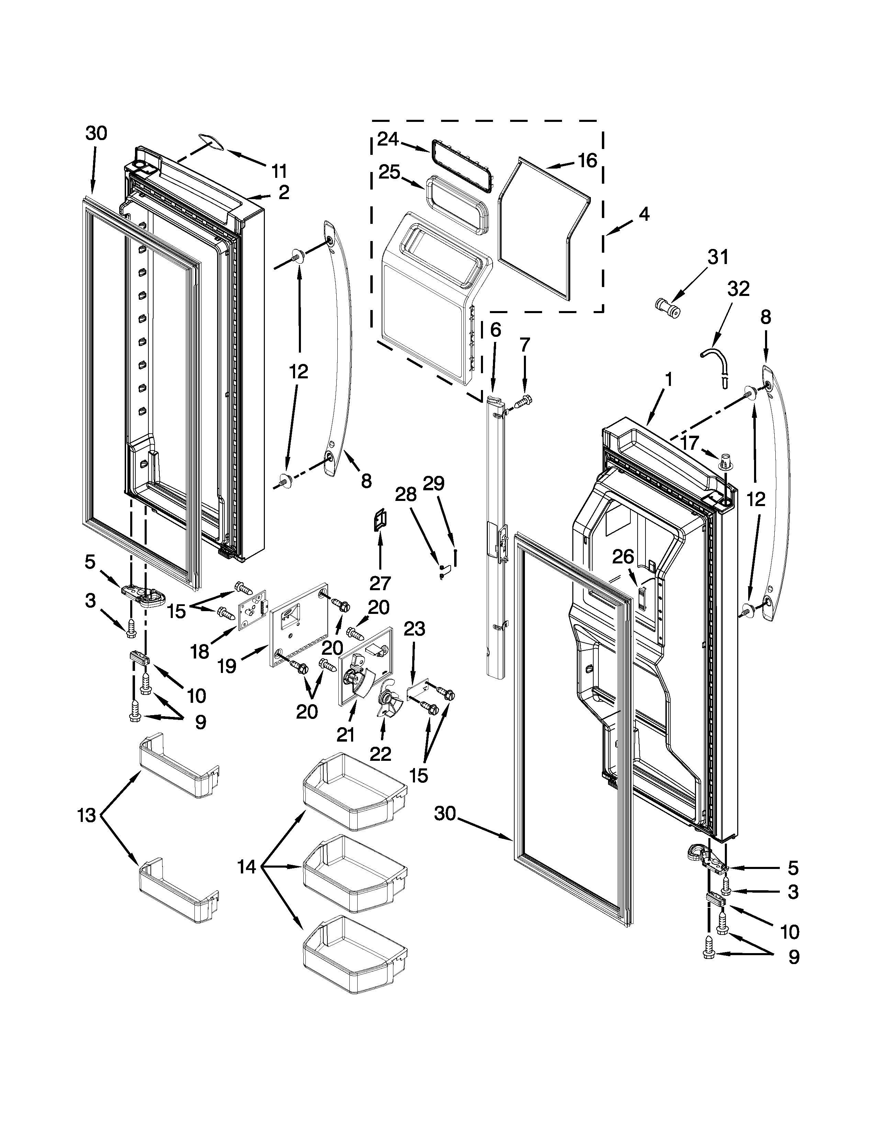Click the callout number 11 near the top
tap(280, 170)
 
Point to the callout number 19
tap(227, 666)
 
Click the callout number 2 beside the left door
tap(284, 193)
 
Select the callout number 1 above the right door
tap(669, 380)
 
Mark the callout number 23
tap(414, 629)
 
